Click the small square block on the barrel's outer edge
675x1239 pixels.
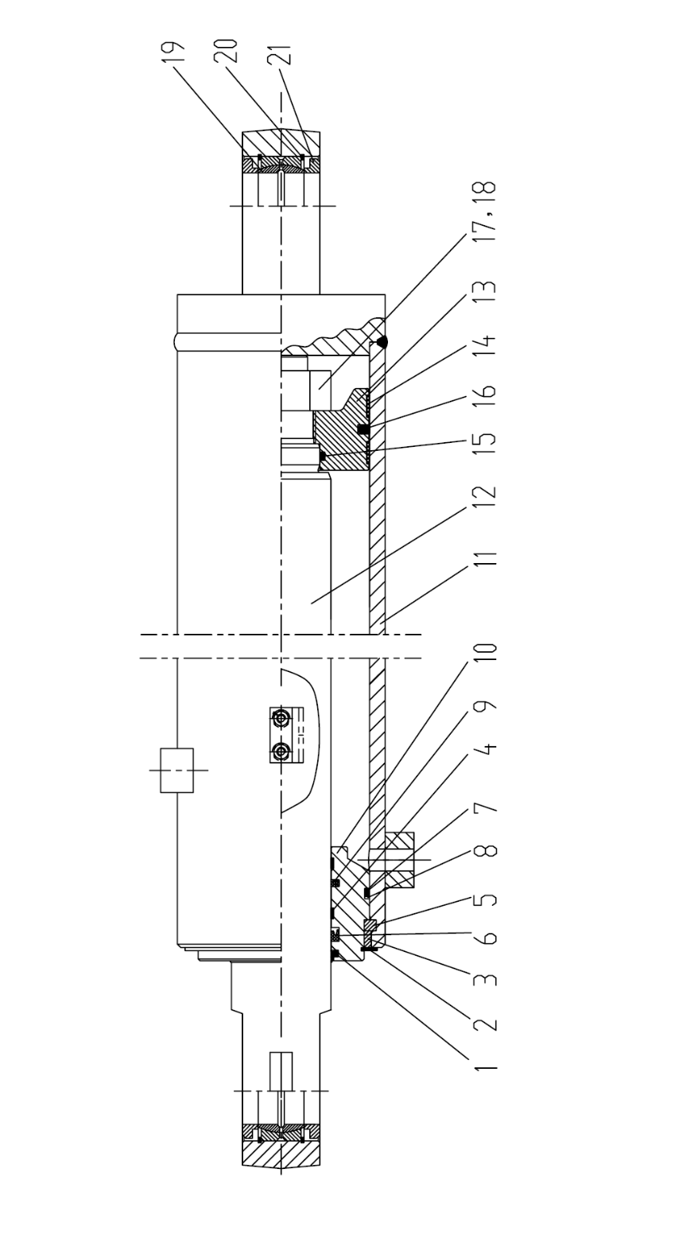pyautogui.click(x=177, y=770)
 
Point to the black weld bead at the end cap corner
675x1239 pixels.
pyautogui.click(x=382, y=342)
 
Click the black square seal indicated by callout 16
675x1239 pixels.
pyautogui.click(x=363, y=429)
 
